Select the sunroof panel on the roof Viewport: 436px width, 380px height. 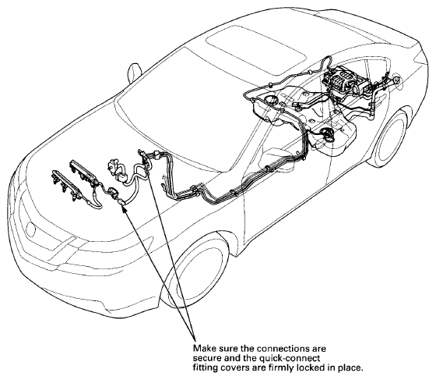256,47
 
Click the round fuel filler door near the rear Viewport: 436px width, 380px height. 397,81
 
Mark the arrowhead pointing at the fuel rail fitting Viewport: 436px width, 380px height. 125,208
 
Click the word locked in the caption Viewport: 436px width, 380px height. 310,368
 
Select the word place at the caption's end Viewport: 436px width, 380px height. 350,368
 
